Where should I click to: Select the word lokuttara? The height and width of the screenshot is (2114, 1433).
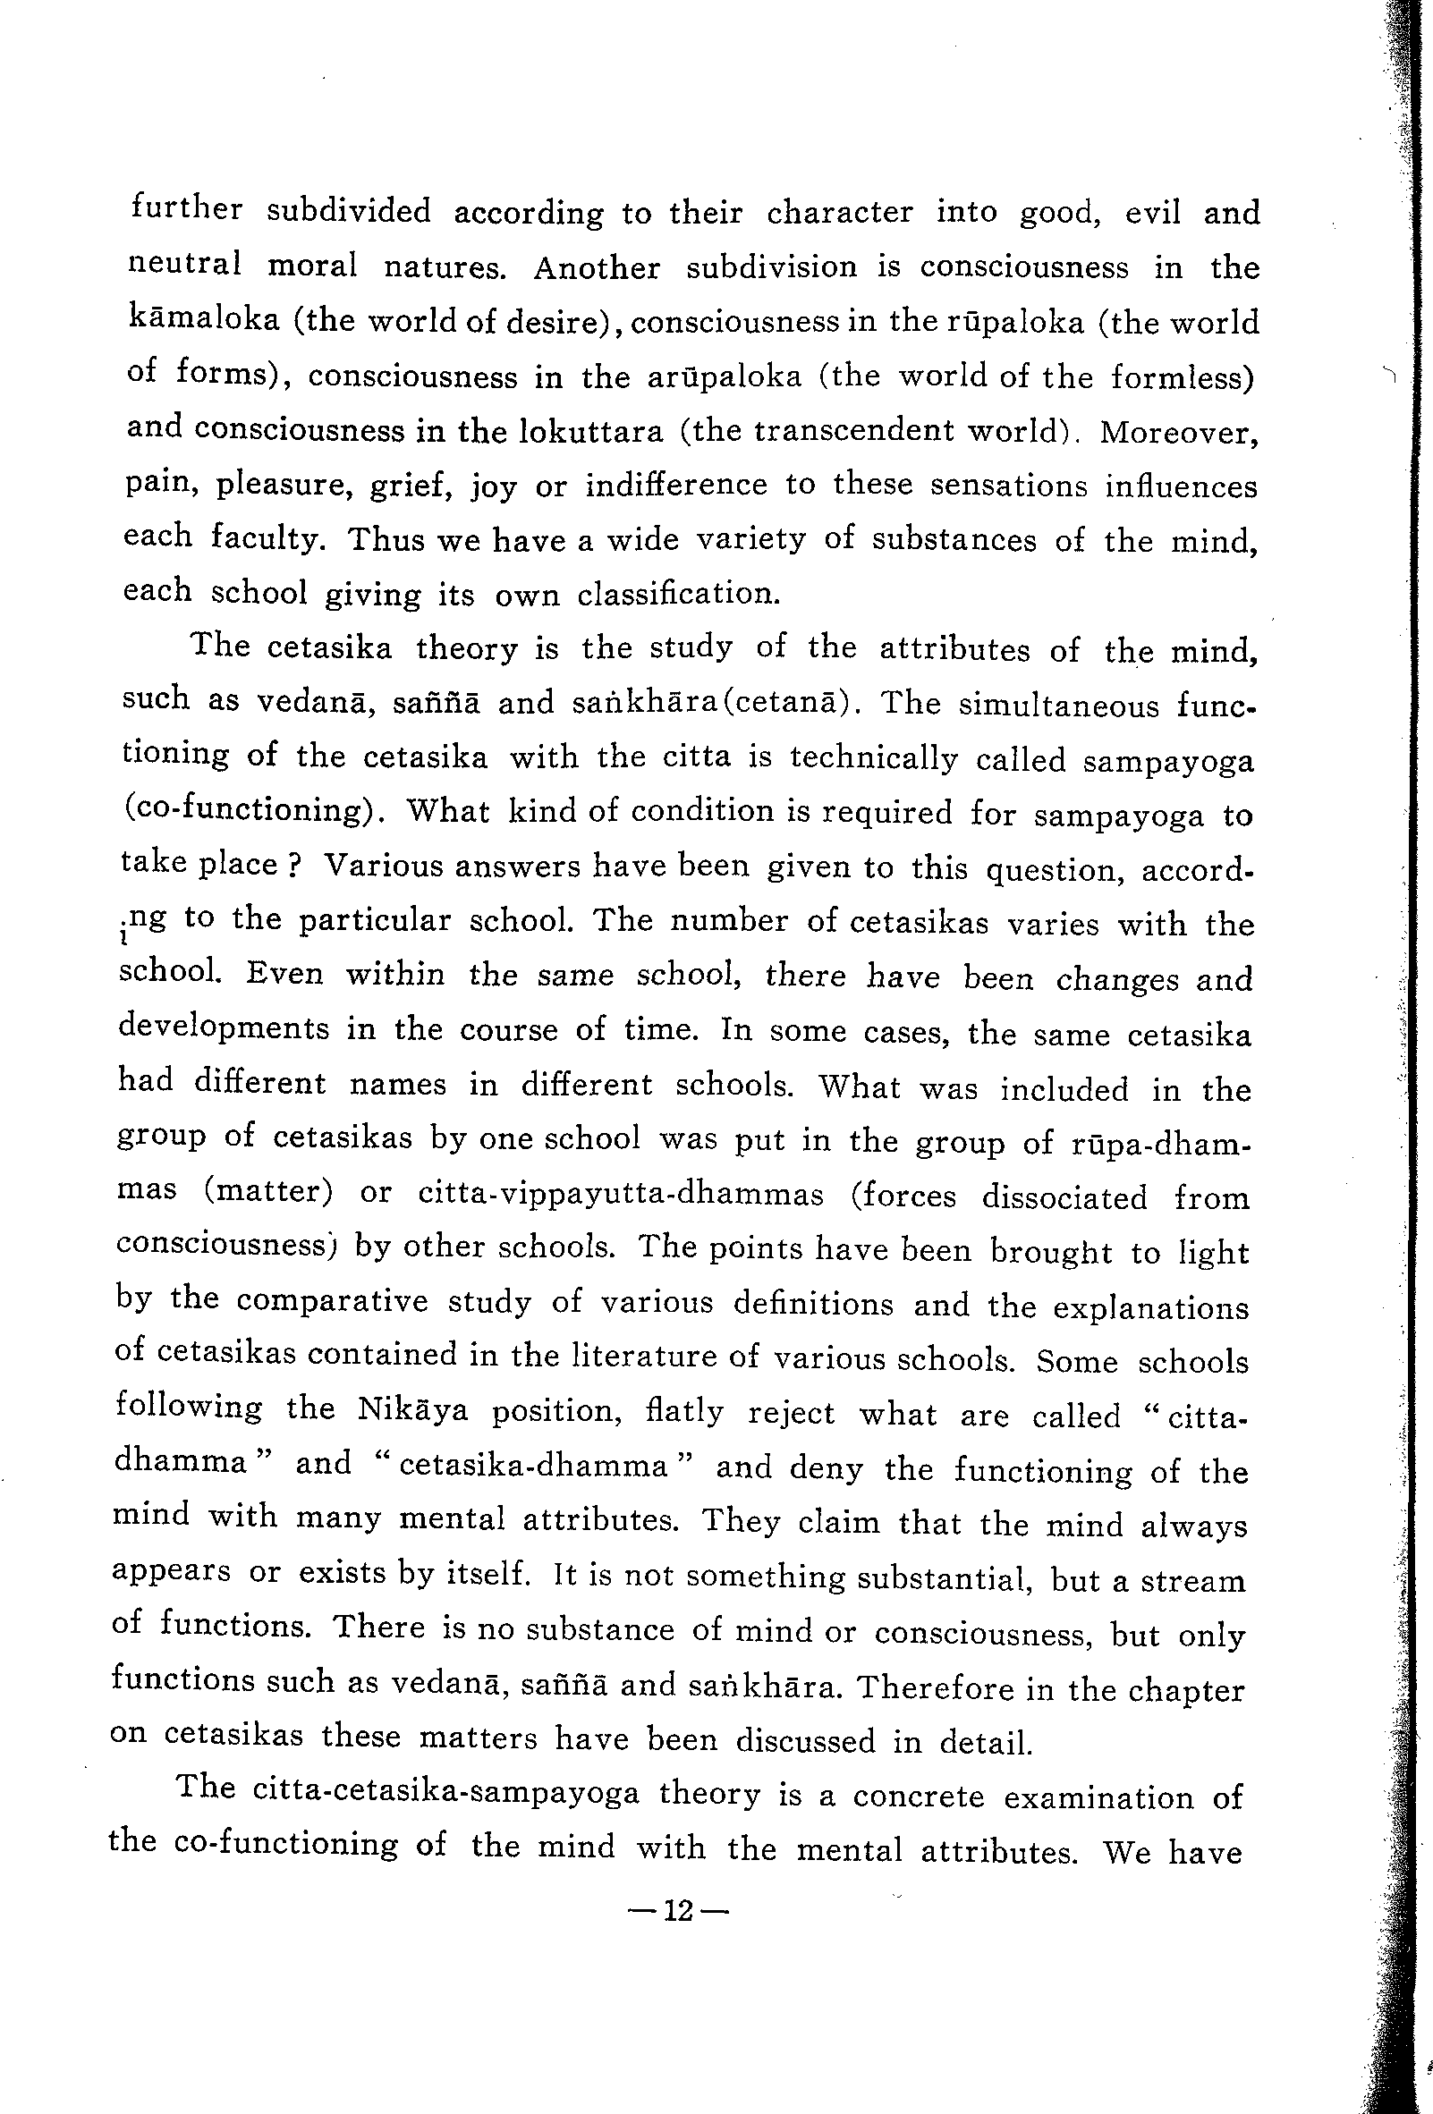click(590, 430)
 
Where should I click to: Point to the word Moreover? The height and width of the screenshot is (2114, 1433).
click(1179, 432)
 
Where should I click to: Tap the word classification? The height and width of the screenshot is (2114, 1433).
click(679, 594)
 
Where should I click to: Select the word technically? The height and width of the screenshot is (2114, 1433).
click(873, 757)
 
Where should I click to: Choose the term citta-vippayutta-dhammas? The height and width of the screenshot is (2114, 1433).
click(621, 1194)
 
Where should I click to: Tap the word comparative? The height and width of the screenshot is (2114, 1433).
click(332, 1301)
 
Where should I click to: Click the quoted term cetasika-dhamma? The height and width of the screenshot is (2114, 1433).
click(533, 1465)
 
